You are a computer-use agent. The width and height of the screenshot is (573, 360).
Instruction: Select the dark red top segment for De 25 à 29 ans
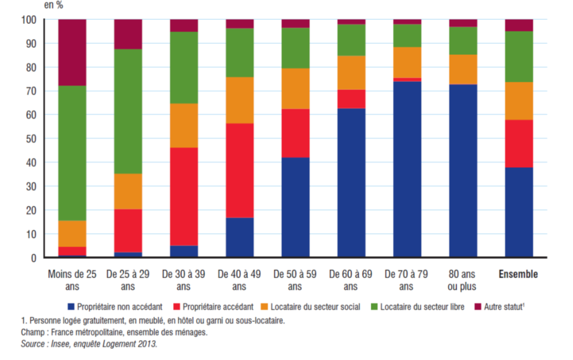[128, 34]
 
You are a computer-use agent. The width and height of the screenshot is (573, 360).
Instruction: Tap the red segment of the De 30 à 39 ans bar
[184, 196]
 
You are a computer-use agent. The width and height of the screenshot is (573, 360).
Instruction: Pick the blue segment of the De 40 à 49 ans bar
[240, 237]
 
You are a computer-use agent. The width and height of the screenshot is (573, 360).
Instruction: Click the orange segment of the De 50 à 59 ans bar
[295, 88]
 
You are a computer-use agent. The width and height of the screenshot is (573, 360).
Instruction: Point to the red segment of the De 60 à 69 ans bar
[351, 99]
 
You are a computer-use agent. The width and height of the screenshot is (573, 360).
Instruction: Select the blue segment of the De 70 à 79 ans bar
[408, 169]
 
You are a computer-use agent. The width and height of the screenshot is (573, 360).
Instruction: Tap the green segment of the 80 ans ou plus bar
[463, 40]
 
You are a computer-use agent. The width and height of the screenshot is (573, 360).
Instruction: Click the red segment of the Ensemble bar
[519, 143]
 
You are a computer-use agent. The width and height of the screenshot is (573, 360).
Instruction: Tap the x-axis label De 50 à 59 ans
[295, 280]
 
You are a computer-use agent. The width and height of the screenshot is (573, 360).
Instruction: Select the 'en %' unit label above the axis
[53, 5]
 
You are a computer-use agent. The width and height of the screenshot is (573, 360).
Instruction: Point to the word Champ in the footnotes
[32, 332]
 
